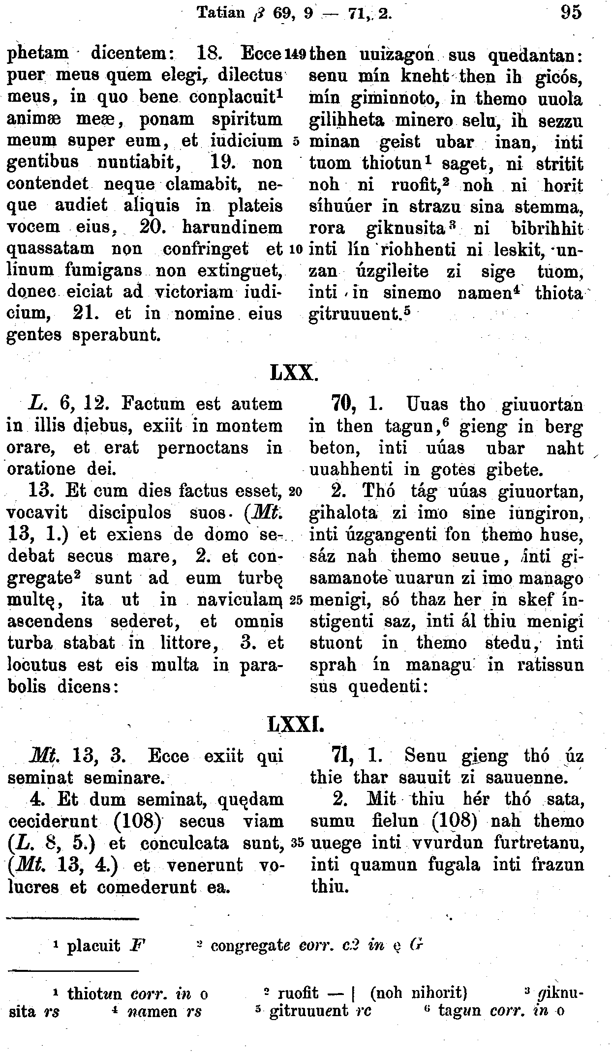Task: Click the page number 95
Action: pyautogui.click(x=571, y=12)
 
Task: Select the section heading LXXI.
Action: pyautogui.click(x=294, y=724)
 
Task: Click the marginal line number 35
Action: pyautogui.click(x=296, y=843)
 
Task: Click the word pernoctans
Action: pyautogui.click(x=204, y=448)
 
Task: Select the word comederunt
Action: pyautogui.click(x=148, y=886)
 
